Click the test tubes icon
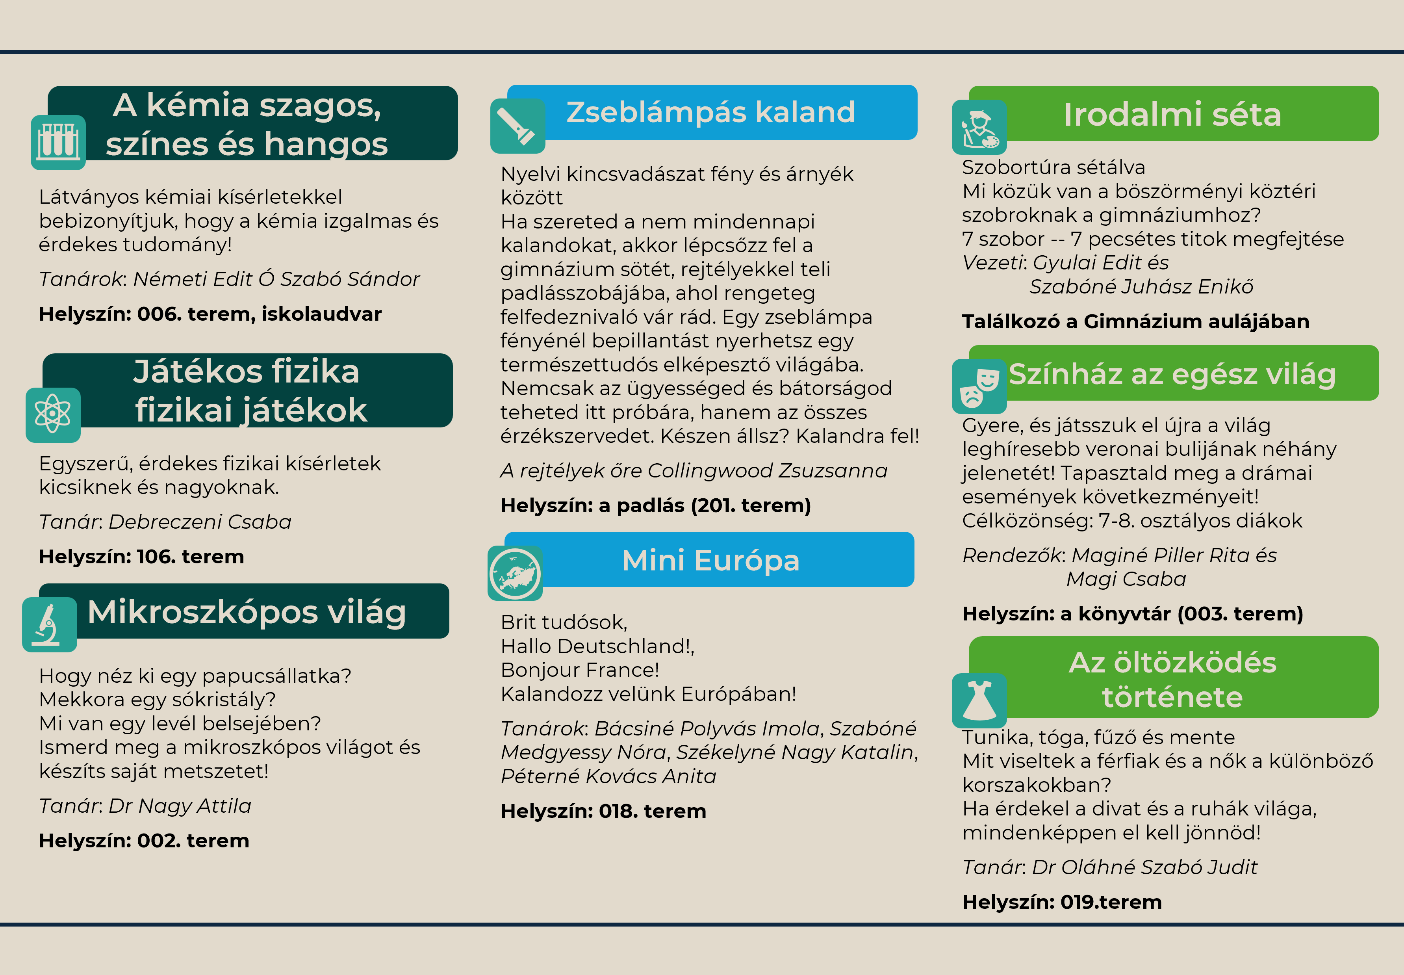click(58, 142)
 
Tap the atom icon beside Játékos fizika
click(53, 415)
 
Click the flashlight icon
click(517, 126)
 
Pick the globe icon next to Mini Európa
click(515, 573)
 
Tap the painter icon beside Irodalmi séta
click(979, 127)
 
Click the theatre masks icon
click(979, 386)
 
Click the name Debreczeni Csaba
click(200, 522)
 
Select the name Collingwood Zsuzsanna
click(767, 470)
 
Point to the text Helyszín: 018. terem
click(603, 811)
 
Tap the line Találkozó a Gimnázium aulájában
click(1135, 321)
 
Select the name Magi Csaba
click(1126, 579)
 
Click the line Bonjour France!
click(580, 670)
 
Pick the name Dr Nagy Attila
click(180, 806)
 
